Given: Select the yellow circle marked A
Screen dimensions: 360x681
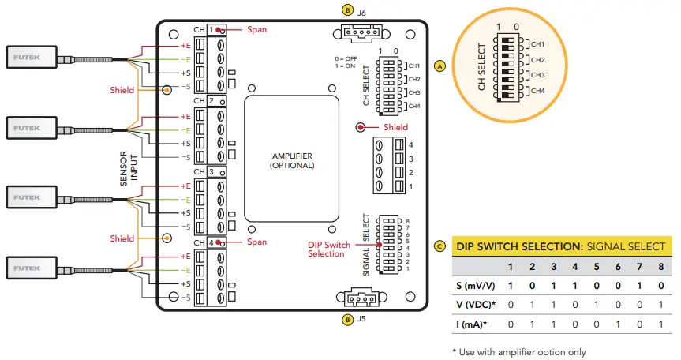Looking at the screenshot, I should pos(440,66).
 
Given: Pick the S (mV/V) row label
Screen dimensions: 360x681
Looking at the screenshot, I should pos(470,285).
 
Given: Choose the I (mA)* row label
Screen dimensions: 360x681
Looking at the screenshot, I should pos(470,324).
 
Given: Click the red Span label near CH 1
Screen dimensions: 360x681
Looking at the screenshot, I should pos(256,29).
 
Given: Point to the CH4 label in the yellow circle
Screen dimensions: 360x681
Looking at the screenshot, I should pos(538,92).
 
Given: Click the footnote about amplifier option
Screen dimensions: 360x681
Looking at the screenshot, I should pos(518,352).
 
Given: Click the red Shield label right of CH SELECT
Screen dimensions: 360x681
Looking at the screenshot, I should pos(395,127).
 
